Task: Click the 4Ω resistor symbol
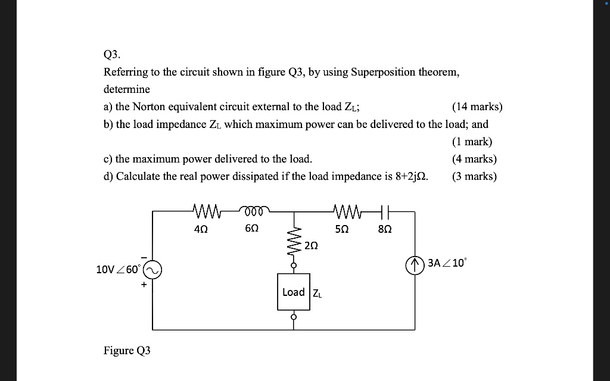tap(208, 211)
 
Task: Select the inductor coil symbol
tap(255, 210)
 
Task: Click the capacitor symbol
tap(385, 211)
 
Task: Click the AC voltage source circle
tap(152, 270)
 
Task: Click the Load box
tap(294, 292)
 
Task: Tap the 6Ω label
tap(252, 228)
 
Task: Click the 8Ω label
tap(385, 228)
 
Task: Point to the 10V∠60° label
tap(118, 270)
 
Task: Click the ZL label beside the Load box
tap(317, 293)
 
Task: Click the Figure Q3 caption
tap(127, 351)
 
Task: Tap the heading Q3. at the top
tap(112, 55)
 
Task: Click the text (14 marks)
tap(477, 107)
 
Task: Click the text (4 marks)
tap(474, 159)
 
